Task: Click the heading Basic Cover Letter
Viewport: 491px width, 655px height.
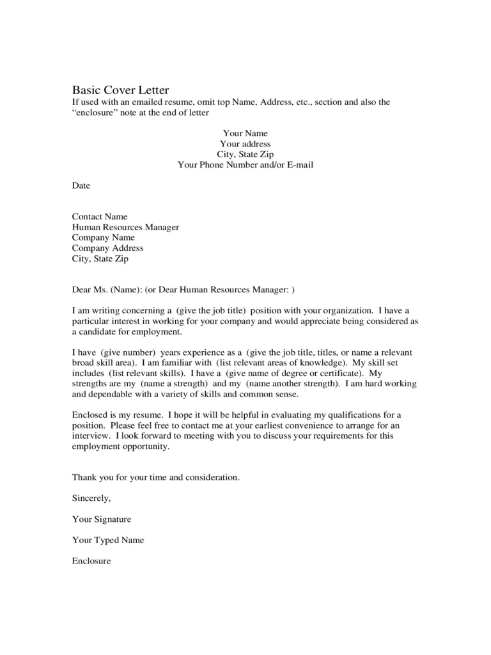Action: pos(120,90)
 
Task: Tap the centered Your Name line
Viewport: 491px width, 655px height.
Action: pos(245,134)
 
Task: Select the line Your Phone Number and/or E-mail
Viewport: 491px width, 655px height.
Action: pos(245,164)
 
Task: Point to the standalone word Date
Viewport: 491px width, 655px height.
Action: pos(81,185)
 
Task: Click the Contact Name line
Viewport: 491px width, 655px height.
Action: pos(100,217)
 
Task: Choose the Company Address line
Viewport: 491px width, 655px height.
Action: pos(107,248)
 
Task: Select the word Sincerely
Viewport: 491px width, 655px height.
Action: pos(91,498)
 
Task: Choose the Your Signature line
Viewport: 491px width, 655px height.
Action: pos(102,519)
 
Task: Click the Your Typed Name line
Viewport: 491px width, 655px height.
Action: pos(108,540)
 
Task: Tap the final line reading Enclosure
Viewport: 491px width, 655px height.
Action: pos(91,561)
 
